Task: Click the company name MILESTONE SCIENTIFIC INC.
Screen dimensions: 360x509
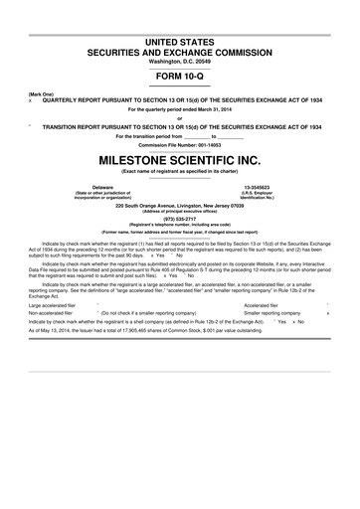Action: pyautogui.click(x=179, y=158)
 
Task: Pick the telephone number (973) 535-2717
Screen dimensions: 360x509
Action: pyautogui.click(x=179, y=219)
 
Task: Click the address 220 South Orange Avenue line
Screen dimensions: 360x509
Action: pyautogui.click(x=179, y=203)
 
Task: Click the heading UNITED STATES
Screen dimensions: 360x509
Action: pyautogui.click(x=179, y=40)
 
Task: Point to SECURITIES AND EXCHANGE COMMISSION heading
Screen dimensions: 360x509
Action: pyautogui.click(x=179, y=51)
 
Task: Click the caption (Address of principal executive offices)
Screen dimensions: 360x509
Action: pyautogui.click(x=179, y=209)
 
